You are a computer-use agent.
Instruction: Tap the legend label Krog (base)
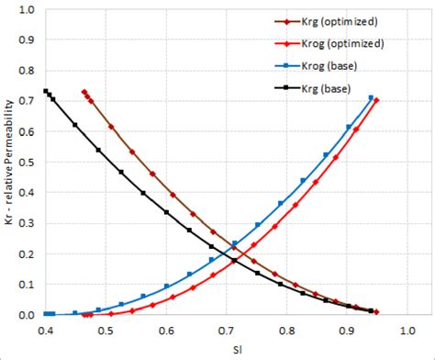(336, 65)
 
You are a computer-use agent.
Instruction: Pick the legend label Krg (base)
(333, 87)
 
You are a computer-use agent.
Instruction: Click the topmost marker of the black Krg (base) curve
(46, 91)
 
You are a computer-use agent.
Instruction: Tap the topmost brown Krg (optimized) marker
(84, 92)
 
